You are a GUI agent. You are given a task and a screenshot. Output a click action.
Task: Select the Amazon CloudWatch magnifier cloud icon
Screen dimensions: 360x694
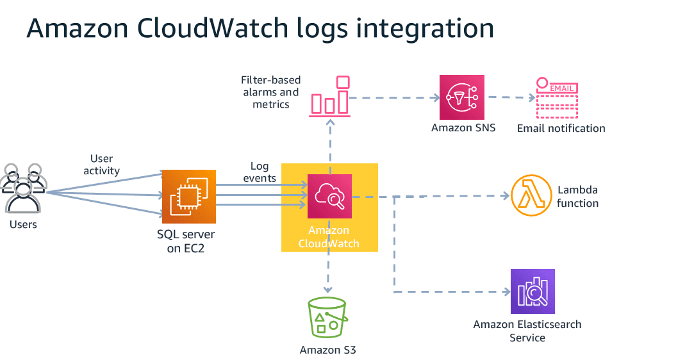pos(329,196)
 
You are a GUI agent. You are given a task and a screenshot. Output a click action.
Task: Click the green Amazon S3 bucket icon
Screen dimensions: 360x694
pos(327,318)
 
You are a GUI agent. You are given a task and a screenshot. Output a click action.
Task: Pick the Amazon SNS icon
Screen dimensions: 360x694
pos(462,97)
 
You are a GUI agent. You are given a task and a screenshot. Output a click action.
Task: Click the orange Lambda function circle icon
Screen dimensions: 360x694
pos(531,195)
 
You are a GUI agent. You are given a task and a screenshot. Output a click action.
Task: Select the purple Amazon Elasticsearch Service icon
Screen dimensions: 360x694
pos(533,291)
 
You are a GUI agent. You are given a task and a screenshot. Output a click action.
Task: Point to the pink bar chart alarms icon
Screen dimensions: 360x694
pos(330,97)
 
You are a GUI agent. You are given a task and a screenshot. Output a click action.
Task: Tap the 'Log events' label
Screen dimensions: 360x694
pos(260,172)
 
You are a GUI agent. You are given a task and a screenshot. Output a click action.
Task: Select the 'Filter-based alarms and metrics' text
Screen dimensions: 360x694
pos(270,92)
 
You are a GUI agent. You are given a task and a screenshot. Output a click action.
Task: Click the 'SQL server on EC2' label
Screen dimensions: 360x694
pos(186,241)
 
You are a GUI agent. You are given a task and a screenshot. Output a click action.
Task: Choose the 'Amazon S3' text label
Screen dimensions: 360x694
pos(327,350)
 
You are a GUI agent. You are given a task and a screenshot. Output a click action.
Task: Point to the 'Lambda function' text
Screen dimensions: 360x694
pos(577,197)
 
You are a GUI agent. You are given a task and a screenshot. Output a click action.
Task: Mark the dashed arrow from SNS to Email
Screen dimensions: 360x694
pos(511,98)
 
